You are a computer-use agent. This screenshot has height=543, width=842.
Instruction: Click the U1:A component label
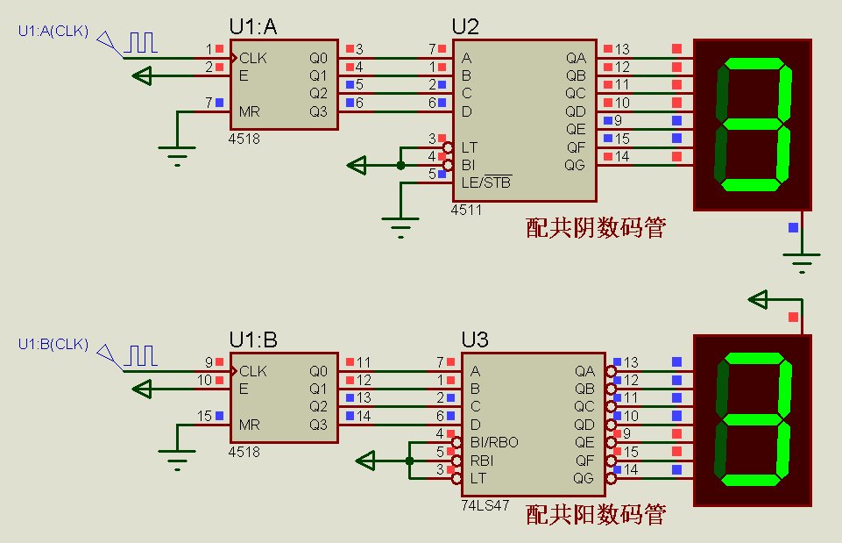click(253, 28)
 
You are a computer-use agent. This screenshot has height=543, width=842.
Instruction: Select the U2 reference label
click(466, 28)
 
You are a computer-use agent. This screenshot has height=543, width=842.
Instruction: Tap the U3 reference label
click(475, 339)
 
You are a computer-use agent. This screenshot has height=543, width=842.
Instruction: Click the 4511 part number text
click(466, 211)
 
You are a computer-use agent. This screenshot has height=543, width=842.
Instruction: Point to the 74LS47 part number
click(483, 506)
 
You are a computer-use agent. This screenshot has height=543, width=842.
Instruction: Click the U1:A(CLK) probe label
click(54, 32)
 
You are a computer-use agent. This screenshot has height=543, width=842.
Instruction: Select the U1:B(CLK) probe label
click(53, 344)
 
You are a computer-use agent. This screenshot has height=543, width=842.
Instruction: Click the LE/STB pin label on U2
click(485, 182)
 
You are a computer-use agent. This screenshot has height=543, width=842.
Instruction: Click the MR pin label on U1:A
click(250, 111)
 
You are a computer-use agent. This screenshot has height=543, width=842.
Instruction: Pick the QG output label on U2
click(575, 165)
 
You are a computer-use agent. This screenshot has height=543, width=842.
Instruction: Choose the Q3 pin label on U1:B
click(318, 425)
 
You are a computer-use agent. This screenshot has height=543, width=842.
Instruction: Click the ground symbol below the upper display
click(801, 259)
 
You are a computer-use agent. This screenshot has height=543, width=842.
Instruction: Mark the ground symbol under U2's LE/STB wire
click(400, 229)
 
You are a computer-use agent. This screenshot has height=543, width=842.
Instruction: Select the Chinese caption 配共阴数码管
click(595, 229)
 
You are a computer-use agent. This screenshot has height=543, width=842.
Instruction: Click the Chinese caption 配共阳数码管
click(595, 515)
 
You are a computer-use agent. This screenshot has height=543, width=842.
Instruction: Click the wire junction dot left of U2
click(400, 164)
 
